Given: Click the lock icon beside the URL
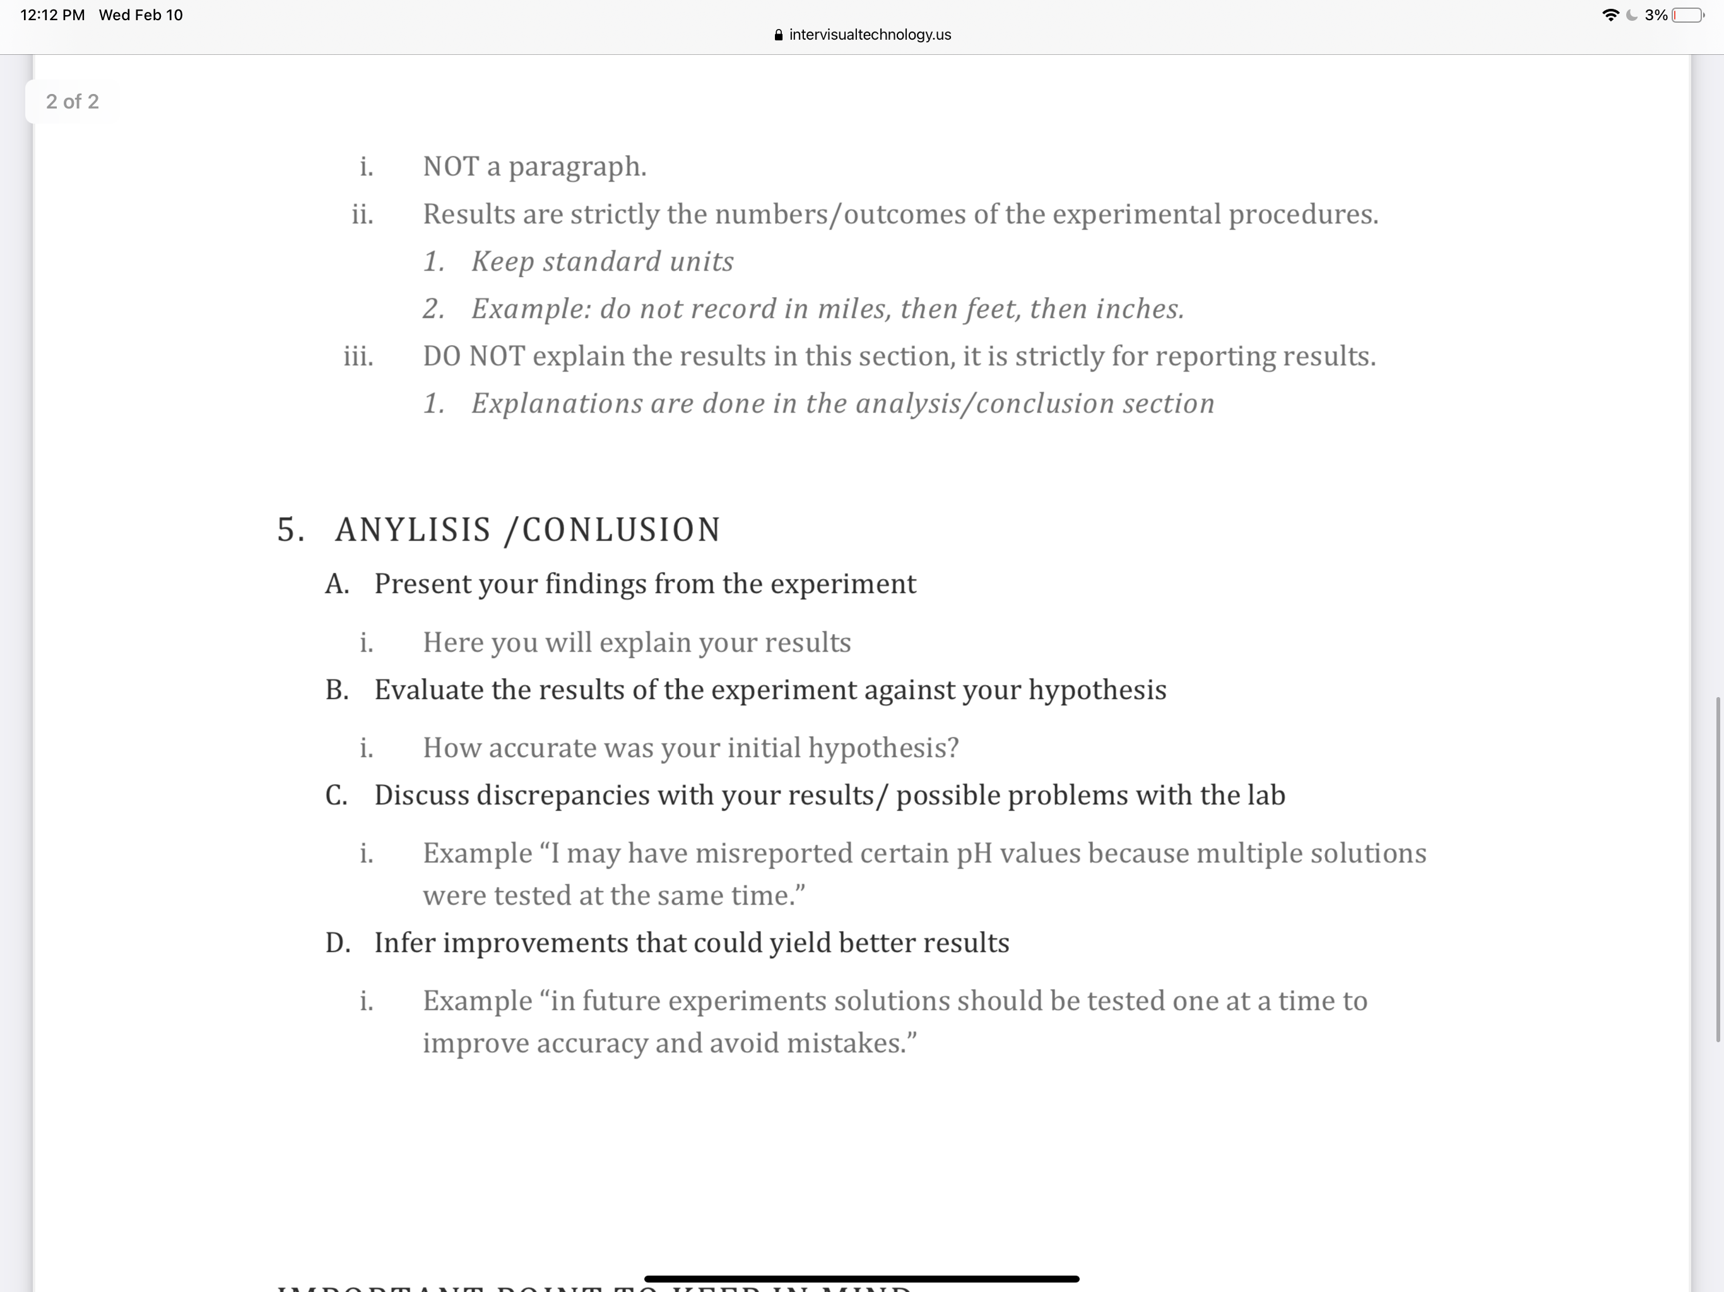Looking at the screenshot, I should click(x=779, y=35).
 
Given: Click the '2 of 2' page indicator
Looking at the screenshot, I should click(x=73, y=102).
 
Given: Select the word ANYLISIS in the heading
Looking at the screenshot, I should click(x=413, y=530).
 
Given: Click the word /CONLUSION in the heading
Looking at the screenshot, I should click(x=613, y=530).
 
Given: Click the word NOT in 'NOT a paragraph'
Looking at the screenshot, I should click(x=451, y=167).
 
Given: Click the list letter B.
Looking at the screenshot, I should click(x=337, y=690).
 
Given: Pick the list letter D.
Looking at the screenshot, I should click(x=338, y=943).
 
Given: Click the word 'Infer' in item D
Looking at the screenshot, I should click(x=404, y=943).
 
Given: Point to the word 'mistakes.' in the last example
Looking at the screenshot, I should click(x=851, y=1043).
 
